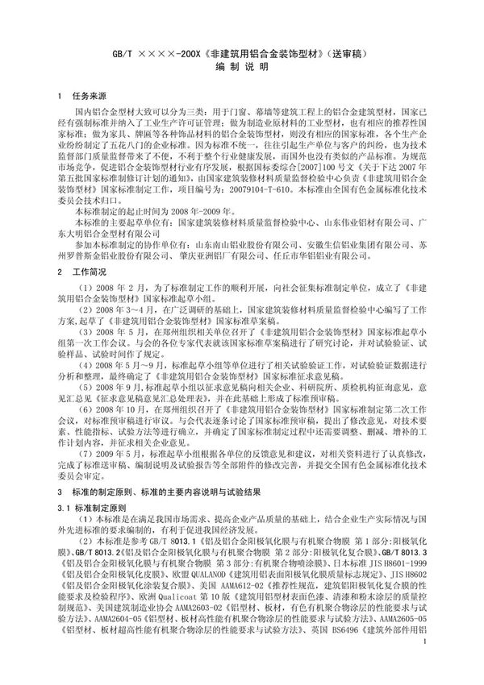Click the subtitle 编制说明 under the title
pos(242,71)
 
